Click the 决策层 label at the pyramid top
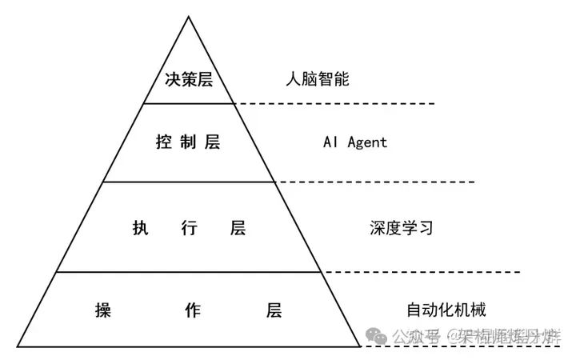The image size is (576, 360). tap(188, 80)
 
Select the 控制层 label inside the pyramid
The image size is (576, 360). tap(188, 142)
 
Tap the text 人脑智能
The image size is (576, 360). tap(317, 80)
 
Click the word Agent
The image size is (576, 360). tap(366, 142)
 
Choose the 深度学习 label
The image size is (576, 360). tap(401, 228)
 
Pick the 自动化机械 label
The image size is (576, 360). tap(446, 310)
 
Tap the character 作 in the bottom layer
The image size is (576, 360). tap(189, 310)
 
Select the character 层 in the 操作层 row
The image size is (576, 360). tap(274, 310)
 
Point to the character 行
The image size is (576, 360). tap(189, 228)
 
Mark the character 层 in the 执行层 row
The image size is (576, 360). tap(238, 228)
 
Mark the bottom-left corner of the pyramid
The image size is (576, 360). tap(17, 346)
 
